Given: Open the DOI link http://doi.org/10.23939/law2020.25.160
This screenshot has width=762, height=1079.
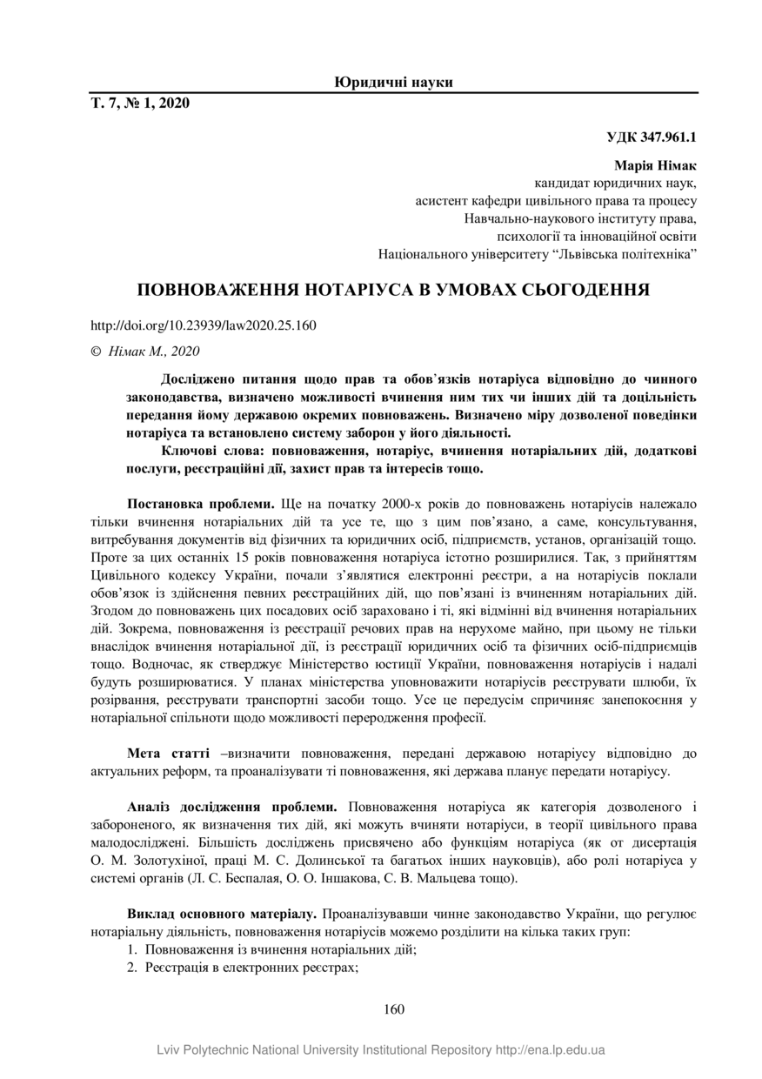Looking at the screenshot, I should point(203,326).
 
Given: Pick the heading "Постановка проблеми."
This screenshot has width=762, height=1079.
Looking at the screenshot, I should point(201,504).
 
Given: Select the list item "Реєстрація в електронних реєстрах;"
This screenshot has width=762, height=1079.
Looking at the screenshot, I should point(252,968).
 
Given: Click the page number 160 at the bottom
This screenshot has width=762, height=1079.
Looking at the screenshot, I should point(393,1009).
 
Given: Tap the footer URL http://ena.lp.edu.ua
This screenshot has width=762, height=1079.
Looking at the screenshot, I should point(550,1050).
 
